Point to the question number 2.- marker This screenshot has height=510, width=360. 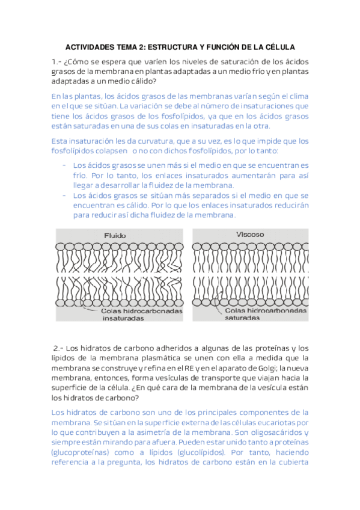[57, 348]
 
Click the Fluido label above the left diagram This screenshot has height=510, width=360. [115, 235]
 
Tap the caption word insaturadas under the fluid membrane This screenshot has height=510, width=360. [123, 319]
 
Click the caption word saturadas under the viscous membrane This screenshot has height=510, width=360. [246, 318]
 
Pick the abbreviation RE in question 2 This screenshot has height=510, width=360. [182, 367]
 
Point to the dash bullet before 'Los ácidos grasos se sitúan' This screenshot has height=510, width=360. [64, 195]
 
